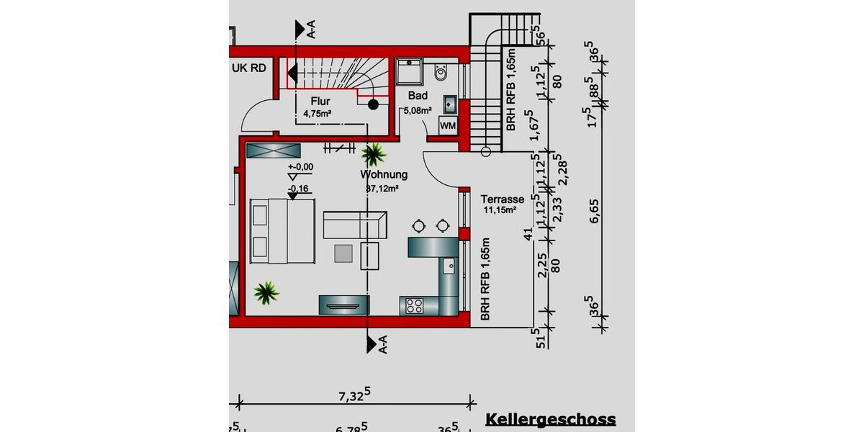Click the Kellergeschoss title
click(551, 419)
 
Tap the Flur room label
click(320, 102)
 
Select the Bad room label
click(418, 96)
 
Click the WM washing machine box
click(448, 127)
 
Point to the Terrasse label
click(503, 199)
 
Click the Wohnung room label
click(384, 174)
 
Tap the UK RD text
click(249, 68)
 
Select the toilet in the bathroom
click(441, 72)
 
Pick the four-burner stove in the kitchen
click(414, 305)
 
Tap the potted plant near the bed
click(266, 292)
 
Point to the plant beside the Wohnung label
click(374, 153)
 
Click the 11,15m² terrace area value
click(500, 210)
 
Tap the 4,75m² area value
click(317, 114)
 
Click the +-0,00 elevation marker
click(300, 167)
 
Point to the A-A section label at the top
click(311, 29)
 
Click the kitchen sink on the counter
click(449, 265)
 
